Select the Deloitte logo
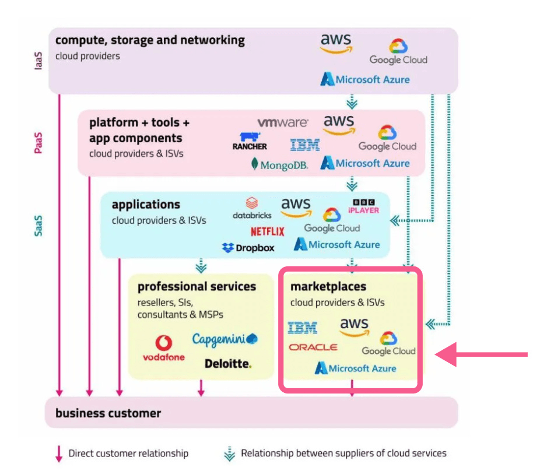coord(228,364)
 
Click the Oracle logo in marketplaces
coord(313,347)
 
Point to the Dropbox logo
coord(248,248)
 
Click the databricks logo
coord(252,208)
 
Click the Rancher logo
coord(250,142)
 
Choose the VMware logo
coord(283,122)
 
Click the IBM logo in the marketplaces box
coord(303,328)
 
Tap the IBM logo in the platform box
coord(305,145)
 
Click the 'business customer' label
coord(108,413)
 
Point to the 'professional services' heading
coord(197,286)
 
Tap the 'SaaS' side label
coord(38,226)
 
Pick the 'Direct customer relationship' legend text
coord(128,453)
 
